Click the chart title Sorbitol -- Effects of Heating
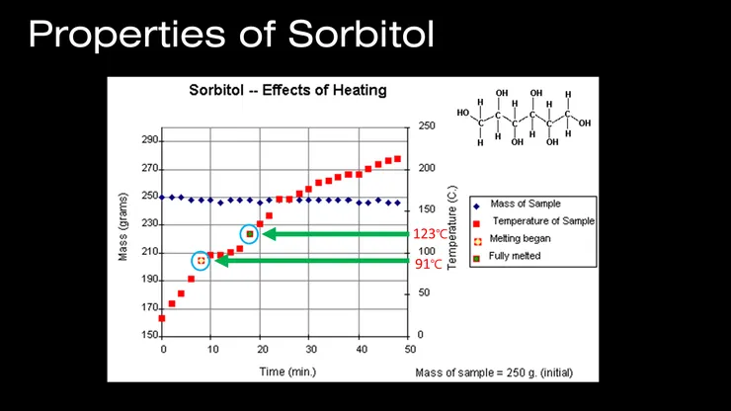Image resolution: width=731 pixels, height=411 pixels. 287,91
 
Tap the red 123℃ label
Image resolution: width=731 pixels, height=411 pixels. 432,234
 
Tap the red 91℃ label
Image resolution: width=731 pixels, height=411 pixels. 428,264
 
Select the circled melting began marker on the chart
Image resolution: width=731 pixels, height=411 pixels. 202,261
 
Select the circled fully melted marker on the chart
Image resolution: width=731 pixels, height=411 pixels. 250,234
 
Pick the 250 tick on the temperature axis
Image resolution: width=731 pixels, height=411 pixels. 427,126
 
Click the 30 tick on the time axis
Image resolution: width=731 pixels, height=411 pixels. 309,350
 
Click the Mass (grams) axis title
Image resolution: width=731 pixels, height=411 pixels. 123,237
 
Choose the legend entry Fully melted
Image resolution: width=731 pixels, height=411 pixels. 519,256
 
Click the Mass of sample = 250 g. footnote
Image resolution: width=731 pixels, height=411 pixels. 492,372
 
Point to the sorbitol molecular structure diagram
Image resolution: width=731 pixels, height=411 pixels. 523,119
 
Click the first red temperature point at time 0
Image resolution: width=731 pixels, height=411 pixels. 162,318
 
